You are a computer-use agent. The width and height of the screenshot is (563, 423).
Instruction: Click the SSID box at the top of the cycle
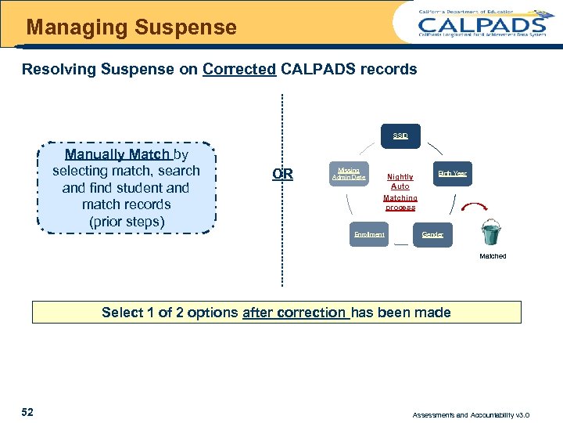(400, 136)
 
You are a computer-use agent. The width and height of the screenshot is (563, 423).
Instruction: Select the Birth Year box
(452, 173)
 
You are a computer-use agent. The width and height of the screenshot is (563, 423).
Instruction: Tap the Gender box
(432, 235)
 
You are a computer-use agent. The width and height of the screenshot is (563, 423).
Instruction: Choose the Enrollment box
(369, 235)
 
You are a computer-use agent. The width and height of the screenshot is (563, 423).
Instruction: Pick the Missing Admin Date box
(349, 173)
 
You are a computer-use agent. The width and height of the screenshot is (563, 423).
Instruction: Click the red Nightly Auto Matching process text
(400, 193)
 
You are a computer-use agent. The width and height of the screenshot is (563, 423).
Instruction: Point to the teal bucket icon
(492, 233)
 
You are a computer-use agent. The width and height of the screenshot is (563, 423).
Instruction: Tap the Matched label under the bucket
(493, 256)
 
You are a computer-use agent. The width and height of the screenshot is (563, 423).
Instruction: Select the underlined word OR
(282, 174)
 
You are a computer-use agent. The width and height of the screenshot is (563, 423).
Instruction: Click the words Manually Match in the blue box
(118, 154)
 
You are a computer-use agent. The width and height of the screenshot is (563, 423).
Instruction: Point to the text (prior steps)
(127, 222)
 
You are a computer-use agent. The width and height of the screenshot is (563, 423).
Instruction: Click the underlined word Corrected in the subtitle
(239, 69)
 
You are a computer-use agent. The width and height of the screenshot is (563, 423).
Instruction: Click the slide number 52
(27, 413)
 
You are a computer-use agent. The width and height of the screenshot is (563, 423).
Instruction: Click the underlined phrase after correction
(295, 313)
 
